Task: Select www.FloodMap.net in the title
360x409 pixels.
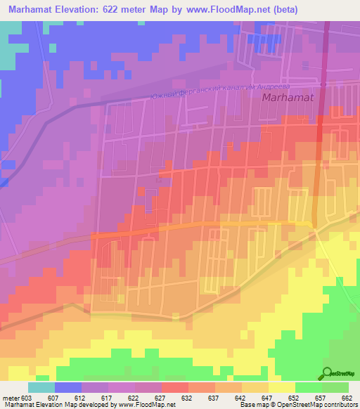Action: tap(236, 10)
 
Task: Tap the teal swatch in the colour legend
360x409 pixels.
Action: tap(41, 387)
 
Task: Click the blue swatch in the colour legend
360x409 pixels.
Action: tap(68, 387)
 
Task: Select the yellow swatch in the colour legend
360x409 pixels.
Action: tap(282, 387)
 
